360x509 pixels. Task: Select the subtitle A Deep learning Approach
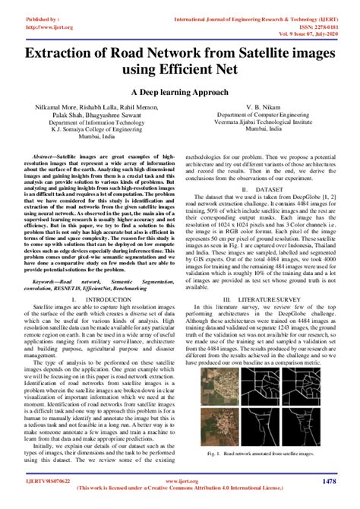tap(180, 91)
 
